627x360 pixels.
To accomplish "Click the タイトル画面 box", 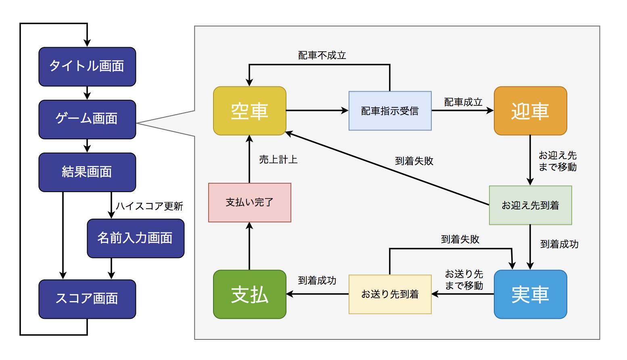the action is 87,67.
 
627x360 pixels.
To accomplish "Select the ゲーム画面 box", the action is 87,119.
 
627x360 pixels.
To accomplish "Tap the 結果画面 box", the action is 87,172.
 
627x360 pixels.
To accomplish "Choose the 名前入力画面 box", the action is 136,239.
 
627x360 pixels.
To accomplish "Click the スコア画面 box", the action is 87,299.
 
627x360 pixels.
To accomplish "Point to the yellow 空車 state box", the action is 250,111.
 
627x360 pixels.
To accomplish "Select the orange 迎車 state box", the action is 531,111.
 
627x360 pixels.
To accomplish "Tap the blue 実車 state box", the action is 531,294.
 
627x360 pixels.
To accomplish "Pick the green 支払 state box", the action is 250,294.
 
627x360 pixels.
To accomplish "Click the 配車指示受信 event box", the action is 390,111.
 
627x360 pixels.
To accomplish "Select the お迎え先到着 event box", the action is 531,205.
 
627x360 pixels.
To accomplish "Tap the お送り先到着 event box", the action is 390,294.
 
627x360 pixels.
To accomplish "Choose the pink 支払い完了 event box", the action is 250,203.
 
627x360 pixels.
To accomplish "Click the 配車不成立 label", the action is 322,55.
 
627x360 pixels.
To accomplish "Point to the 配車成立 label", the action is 463,102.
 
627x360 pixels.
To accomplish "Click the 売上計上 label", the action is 278,159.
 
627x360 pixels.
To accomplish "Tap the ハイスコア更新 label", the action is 149,206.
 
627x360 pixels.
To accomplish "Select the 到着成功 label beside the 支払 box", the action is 317,280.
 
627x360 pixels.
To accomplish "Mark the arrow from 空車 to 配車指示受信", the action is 317,111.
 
